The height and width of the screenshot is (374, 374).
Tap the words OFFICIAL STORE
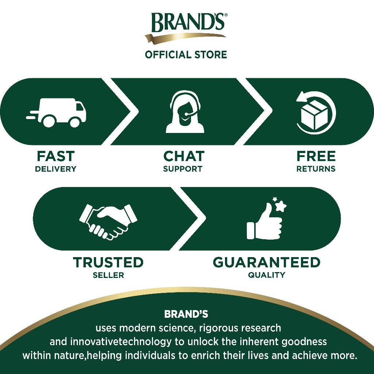click(x=186, y=55)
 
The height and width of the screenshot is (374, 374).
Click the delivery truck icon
click(x=56, y=112)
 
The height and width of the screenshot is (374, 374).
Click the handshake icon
click(x=108, y=222)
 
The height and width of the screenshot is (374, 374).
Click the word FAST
click(x=56, y=156)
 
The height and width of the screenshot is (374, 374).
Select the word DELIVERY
click(x=56, y=169)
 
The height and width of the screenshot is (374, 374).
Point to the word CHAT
click(x=184, y=156)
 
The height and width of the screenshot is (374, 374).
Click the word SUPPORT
click(x=183, y=169)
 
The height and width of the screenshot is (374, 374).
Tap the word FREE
click(x=316, y=156)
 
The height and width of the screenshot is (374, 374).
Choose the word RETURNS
click(x=316, y=169)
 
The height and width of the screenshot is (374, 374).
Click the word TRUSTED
click(x=108, y=262)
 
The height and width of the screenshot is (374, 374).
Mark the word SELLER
click(x=108, y=275)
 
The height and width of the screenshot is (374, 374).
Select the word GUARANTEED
click(x=266, y=262)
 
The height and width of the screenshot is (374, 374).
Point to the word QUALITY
click(x=266, y=275)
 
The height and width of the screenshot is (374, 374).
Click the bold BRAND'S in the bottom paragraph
click(x=186, y=314)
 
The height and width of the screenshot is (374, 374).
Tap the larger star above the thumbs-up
click(x=281, y=205)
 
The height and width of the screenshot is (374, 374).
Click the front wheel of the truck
click(x=75, y=122)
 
